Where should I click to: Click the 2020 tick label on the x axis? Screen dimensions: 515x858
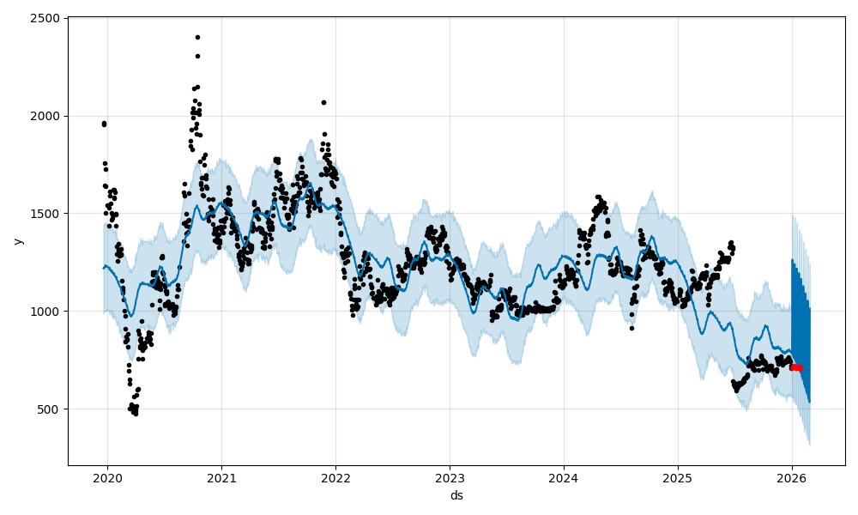(x=107, y=477)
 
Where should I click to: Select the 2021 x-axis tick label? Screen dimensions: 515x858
(x=221, y=477)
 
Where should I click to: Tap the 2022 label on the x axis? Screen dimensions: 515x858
(x=335, y=477)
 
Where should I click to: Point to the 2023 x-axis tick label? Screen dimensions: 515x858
(x=450, y=477)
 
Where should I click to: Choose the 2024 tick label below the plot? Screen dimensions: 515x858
(x=564, y=477)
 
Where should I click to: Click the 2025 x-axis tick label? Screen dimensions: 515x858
(x=678, y=477)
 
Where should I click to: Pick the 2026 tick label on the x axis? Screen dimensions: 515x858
(x=792, y=477)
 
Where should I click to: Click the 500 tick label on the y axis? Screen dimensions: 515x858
(x=48, y=409)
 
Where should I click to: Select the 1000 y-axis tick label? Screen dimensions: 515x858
(x=45, y=311)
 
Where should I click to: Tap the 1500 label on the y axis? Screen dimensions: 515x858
(x=45, y=214)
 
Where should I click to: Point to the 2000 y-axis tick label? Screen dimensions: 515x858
(x=45, y=116)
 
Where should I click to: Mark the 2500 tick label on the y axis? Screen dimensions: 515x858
(x=45, y=18)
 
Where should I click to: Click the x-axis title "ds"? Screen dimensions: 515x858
(x=456, y=495)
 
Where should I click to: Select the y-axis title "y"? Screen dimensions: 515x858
(x=17, y=241)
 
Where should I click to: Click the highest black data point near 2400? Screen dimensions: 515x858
(x=197, y=37)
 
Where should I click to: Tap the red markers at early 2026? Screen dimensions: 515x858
(x=796, y=367)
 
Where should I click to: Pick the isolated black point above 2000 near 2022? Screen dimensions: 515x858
(x=323, y=102)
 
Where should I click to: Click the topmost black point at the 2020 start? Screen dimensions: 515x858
(x=104, y=123)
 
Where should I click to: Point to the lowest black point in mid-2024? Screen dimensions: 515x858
(x=631, y=328)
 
